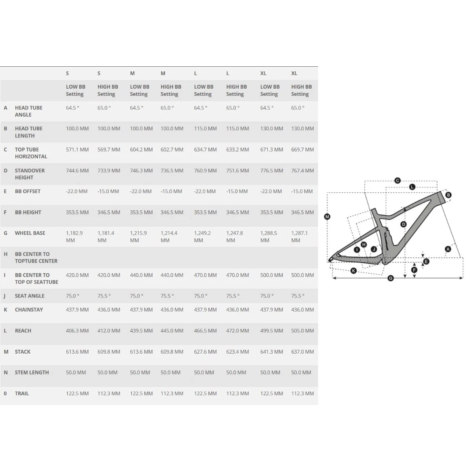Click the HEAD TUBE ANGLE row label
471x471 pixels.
[x=29, y=111]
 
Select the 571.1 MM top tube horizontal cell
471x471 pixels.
[x=77, y=150]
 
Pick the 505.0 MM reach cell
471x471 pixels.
[x=302, y=331]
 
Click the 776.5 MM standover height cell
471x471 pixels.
[x=272, y=171]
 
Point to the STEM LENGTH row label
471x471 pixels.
[x=32, y=372]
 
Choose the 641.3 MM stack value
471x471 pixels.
[x=272, y=352]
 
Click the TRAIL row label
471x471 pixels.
[x=22, y=394]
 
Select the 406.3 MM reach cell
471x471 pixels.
[x=77, y=331]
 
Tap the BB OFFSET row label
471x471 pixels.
[x=27, y=192]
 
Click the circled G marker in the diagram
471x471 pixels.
[x=390, y=278]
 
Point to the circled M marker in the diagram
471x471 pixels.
[x=327, y=217]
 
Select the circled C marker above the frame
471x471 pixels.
[x=398, y=181]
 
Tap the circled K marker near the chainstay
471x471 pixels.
[x=353, y=270]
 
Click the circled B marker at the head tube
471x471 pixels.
[x=448, y=195]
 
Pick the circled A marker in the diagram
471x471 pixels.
[x=448, y=249]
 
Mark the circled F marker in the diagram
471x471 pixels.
[x=414, y=270]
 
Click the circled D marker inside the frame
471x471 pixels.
[x=403, y=224]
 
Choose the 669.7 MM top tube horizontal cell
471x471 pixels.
[x=302, y=150]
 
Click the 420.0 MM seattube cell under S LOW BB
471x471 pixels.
[x=77, y=275]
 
